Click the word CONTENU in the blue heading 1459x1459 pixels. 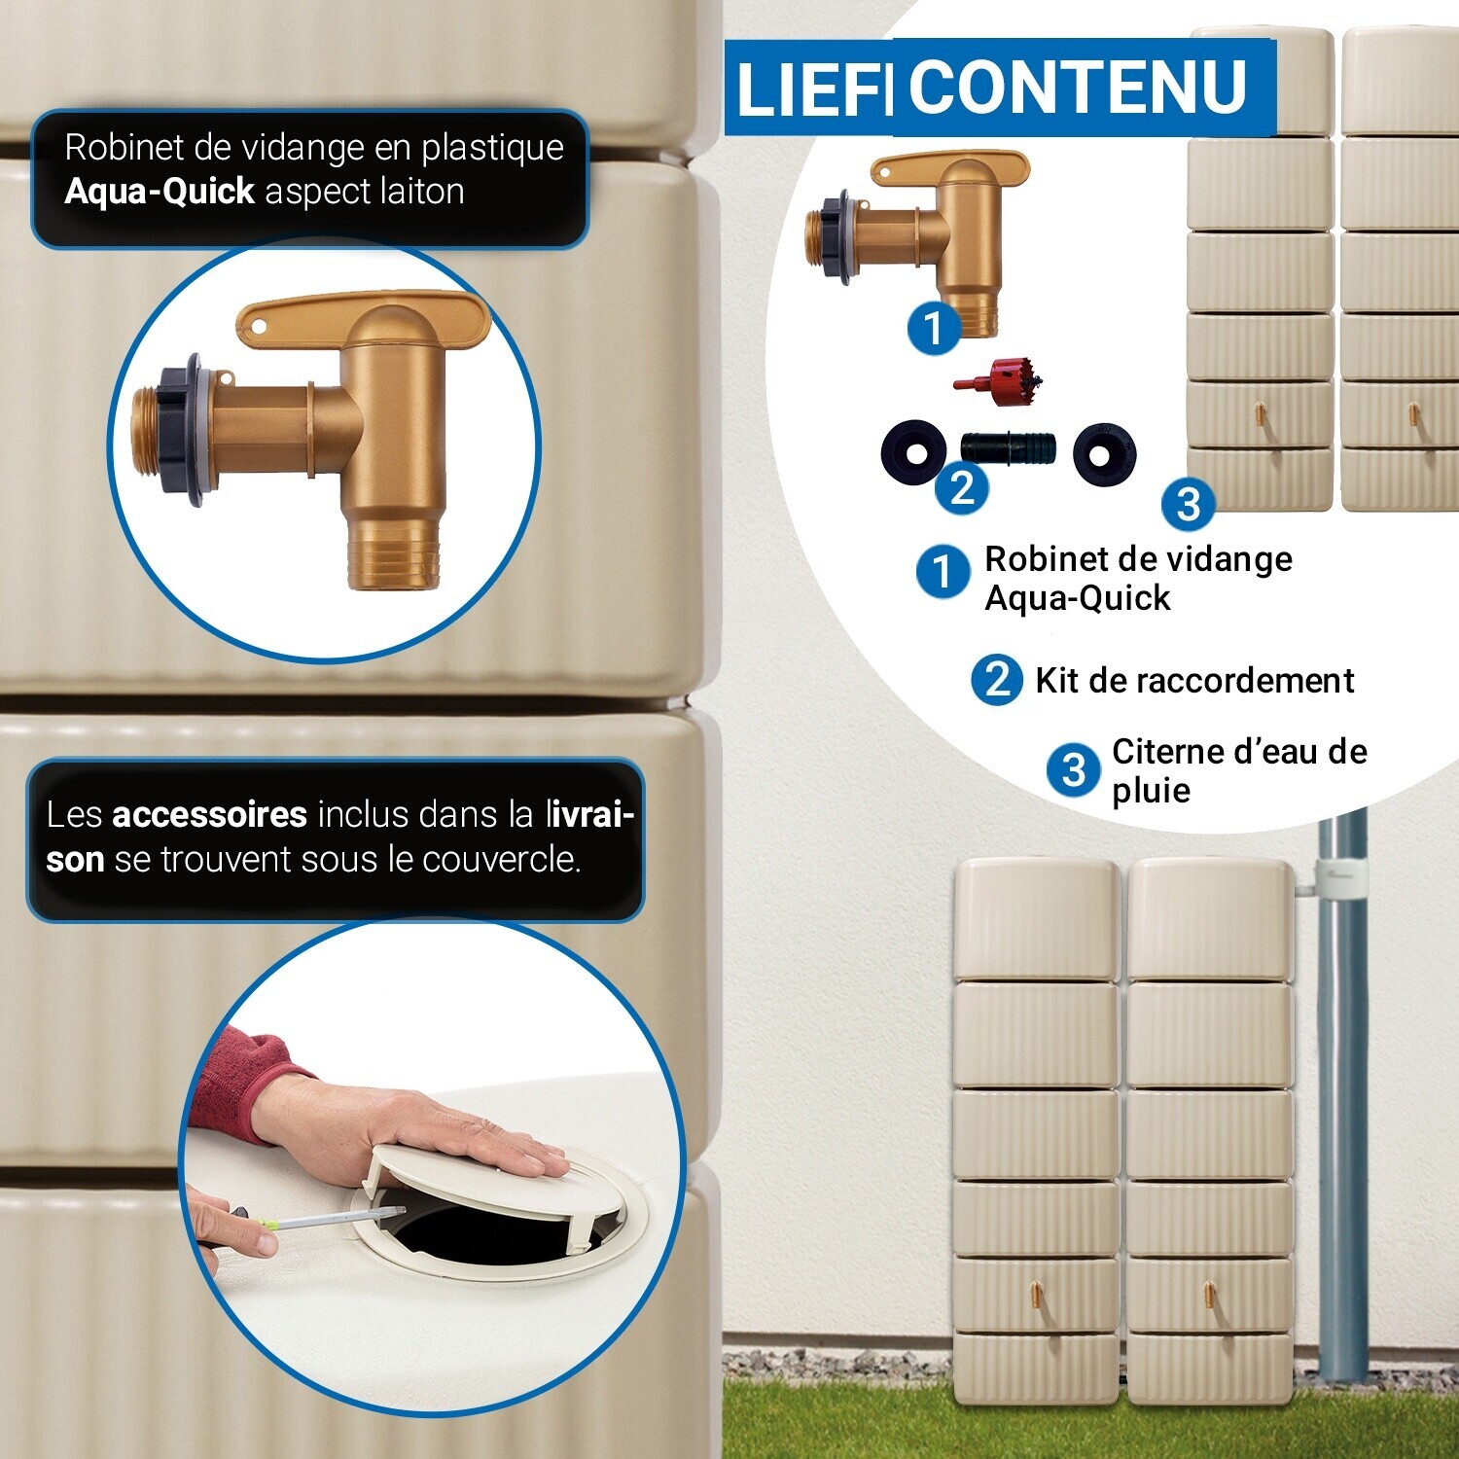[x=1078, y=88]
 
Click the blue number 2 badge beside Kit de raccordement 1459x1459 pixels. [x=997, y=679]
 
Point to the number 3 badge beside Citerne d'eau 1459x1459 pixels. [x=1074, y=769]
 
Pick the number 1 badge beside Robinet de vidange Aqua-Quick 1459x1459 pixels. [x=943, y=571]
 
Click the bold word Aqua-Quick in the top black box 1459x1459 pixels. [x=160, y=192]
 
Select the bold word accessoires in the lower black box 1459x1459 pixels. [x=210, y=814]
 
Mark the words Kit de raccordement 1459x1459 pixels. [x=1194, y=680]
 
